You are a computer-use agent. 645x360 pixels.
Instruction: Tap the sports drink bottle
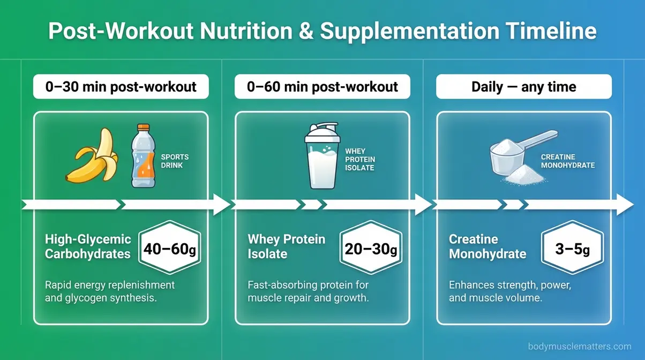pos(143,156)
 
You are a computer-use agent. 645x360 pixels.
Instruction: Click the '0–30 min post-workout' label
pos(121,87)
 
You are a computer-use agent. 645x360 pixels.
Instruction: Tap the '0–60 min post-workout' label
pos(322,87)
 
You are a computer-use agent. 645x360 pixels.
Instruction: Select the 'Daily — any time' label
pos(523,87)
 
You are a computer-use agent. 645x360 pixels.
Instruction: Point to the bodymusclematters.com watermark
pos(580,347)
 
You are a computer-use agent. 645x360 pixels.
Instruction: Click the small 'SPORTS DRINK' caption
pos(175,161)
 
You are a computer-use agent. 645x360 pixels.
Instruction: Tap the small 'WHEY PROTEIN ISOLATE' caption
pos(360,160)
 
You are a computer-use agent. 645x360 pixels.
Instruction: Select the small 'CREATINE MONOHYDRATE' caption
pos(567,161)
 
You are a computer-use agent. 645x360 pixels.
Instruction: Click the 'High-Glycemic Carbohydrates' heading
pos(87,246)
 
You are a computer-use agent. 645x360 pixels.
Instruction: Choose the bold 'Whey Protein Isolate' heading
pos(286,246)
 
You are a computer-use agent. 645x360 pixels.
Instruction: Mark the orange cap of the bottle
pos(143,129)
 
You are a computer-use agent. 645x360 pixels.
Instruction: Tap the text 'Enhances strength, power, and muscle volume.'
pos(509,292)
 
